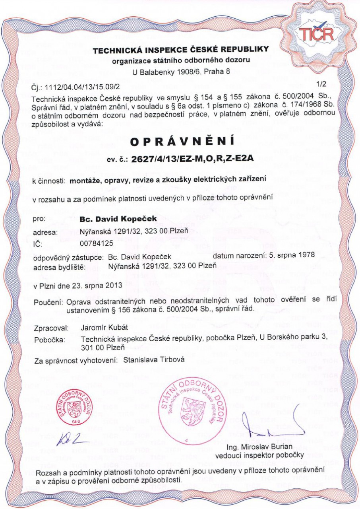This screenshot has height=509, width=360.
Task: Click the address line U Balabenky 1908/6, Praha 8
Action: (181, 72)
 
